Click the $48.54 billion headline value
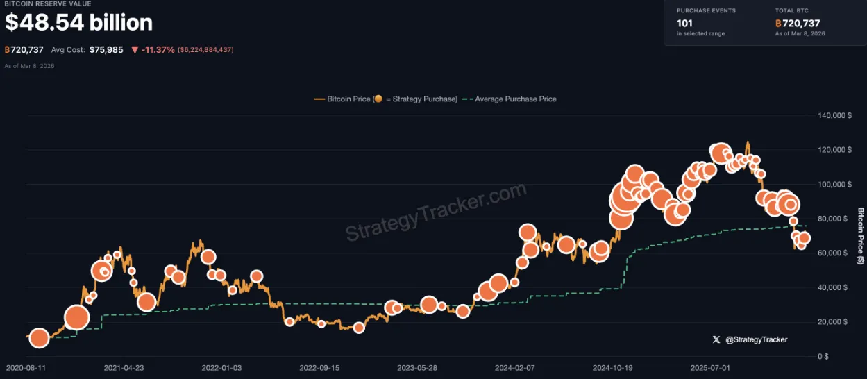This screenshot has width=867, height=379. pos(78,23)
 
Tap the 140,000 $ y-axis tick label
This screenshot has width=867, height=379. pos(835,115)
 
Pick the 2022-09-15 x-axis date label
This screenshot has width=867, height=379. pos(320,368)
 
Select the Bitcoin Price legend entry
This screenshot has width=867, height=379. pos(386,99)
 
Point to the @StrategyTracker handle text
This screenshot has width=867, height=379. pos(756,339)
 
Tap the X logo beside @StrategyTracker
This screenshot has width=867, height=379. pos(716,339)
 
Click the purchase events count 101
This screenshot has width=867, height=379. pos(684,23)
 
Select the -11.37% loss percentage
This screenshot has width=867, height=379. pos(158,50)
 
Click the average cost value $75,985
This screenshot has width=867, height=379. pos(106,50)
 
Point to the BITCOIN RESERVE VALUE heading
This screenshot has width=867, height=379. pos(48,4)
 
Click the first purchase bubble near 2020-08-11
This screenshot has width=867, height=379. pos(39,339)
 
